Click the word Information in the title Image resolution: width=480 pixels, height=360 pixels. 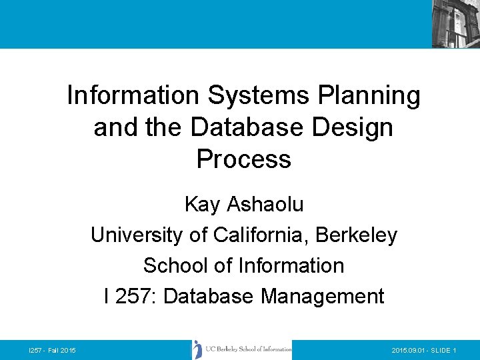tap(134, 96)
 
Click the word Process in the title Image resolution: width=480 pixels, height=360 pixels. tap(243, 159)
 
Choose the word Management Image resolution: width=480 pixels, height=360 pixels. tap(323, 296)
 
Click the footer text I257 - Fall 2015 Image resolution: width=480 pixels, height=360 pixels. tap(52, 351)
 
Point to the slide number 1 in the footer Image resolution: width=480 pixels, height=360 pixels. tap(454, 351)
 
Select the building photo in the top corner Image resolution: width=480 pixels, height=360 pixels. tap(455, 24)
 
